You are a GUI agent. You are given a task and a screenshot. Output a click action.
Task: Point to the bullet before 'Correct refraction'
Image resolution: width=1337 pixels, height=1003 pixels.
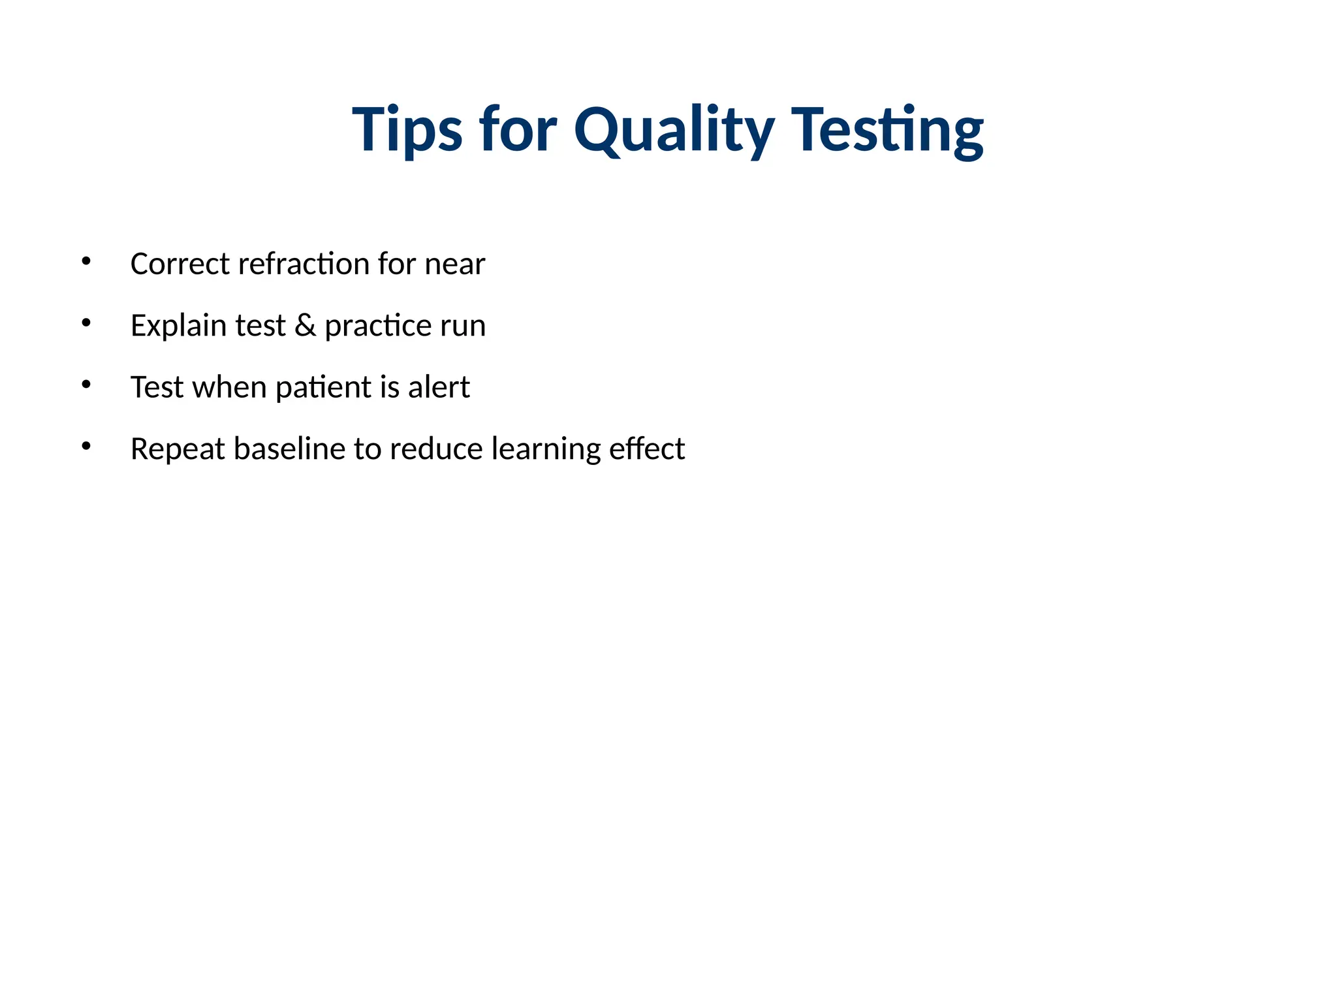tap(86, 261)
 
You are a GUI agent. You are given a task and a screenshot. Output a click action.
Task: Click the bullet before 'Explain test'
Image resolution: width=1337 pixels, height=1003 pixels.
tap(86, 323)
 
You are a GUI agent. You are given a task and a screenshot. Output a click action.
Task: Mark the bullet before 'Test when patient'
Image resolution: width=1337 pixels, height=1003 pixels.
tap(86, 385)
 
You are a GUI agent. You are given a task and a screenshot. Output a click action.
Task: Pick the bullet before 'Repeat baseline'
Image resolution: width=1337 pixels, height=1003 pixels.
tap(86, 446)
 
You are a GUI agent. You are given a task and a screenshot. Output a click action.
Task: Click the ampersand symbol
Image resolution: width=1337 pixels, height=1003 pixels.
tap(305, 325)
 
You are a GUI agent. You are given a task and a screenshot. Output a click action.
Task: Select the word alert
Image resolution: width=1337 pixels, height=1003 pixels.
tap(439, 387)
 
